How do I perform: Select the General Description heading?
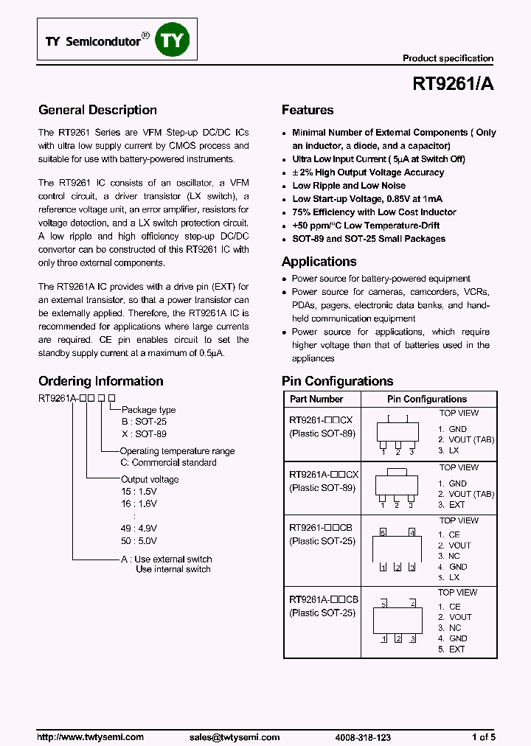[97, 111]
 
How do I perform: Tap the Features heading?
[308, 111]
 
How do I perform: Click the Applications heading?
[319, 262]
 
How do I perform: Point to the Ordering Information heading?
[100, 381]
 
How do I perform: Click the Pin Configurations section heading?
[337, 381]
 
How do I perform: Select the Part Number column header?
[316, 399]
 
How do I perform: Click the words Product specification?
[448, 58]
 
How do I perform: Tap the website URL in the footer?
[90, 737]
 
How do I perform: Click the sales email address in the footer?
[235, 737]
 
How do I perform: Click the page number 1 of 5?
[483, 737]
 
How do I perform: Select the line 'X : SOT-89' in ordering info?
[145, 435]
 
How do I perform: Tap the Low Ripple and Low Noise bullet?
[349, 186]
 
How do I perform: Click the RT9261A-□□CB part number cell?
[324, 600]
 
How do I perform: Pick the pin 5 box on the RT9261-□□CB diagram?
[383, 532]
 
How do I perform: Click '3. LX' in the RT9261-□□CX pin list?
[448, 450]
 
